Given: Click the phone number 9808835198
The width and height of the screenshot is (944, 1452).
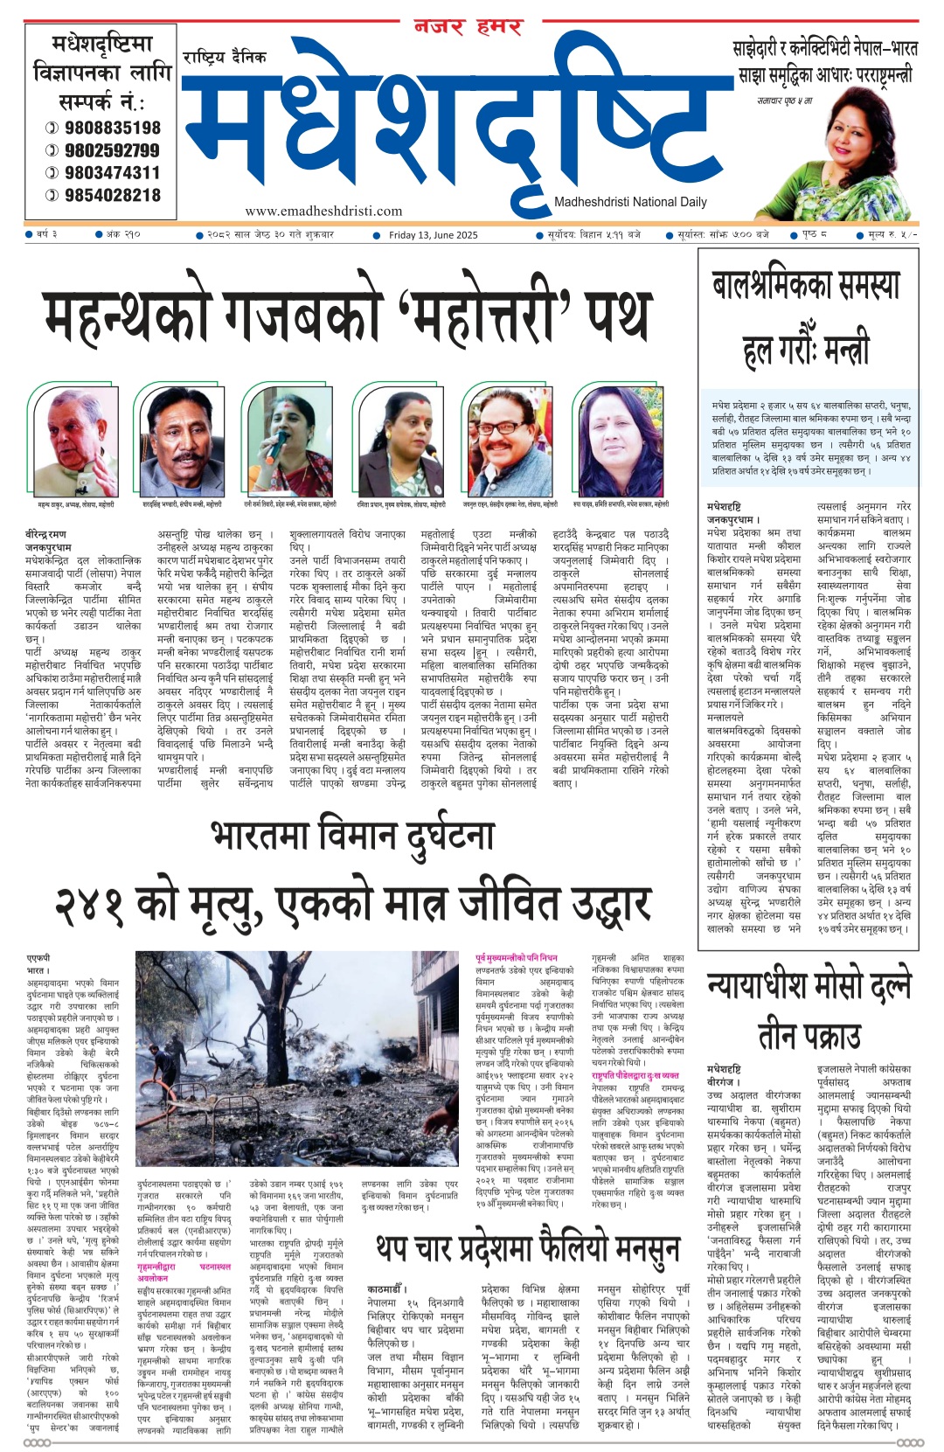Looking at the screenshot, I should [x=112, y=128].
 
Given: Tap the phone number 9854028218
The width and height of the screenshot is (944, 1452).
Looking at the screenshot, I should [x=112, y=195].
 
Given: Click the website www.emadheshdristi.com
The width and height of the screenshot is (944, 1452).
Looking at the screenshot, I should [x=323, y=211].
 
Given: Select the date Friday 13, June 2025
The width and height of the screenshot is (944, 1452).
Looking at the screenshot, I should [x=434, y=234].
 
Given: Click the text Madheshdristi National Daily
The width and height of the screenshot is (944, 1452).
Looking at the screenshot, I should [x=630, y=202].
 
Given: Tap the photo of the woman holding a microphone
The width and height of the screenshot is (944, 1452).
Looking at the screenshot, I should [x=288, y=442].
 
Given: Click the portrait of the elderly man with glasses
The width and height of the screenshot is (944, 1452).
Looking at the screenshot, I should [x=73, y=442].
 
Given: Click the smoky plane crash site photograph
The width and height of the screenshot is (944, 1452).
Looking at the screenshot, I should [x=297, y=1058].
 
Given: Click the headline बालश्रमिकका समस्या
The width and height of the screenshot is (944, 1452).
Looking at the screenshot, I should [x=806, y=287].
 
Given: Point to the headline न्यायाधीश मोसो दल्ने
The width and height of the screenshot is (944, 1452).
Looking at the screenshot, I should [x=809, y=985].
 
